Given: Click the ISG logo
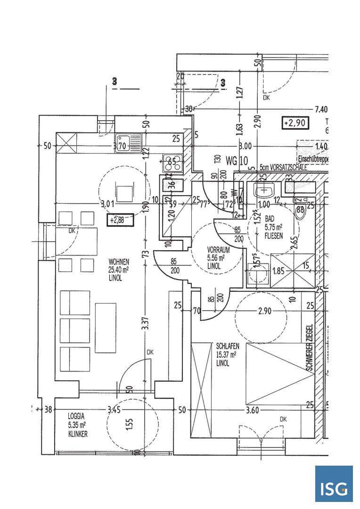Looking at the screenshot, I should [334, 484].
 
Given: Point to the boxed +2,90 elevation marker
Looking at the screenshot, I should [295, 123].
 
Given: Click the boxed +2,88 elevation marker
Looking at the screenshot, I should [120, 219].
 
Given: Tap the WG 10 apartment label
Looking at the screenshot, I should [237, 161].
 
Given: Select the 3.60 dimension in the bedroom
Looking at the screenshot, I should [253, 410].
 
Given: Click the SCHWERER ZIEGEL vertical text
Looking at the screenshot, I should [309, 348].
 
